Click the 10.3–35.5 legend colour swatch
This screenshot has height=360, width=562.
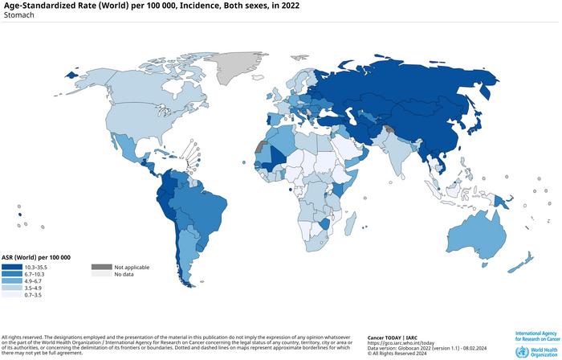coord(12,267)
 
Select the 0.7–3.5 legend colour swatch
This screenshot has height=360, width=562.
coord(12,296)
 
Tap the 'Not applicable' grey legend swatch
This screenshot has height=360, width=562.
coord(100,267)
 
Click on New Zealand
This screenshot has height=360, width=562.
coord(526,260)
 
